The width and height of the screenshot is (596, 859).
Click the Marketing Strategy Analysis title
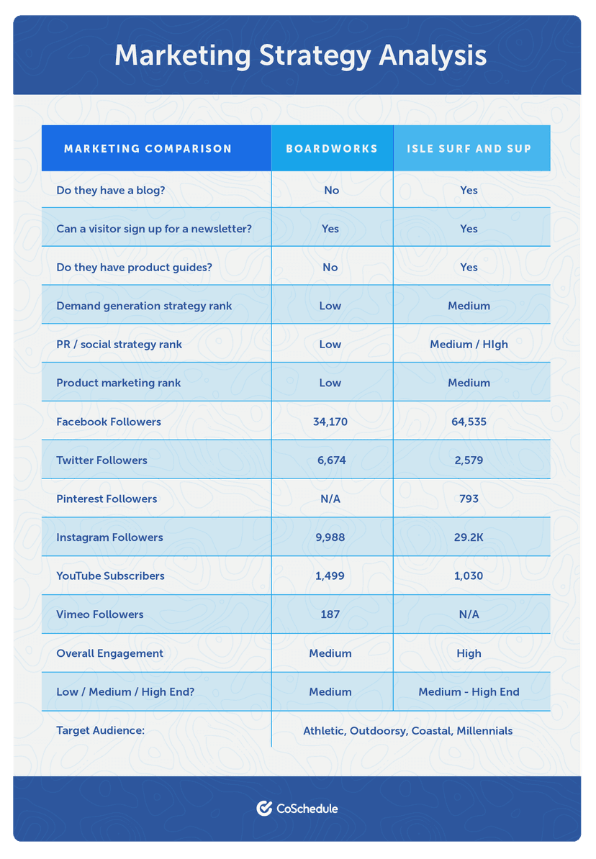click(300, 56)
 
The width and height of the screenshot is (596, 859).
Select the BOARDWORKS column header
click(331, 149)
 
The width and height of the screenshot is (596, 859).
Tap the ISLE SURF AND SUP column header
click(469, 149)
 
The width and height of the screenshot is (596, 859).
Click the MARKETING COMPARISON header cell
click(148, 149)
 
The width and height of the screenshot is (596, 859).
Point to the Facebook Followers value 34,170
click(330, 422)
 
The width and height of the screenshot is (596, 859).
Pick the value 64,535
click(469, 422)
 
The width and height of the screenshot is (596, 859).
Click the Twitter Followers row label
click(101, 460)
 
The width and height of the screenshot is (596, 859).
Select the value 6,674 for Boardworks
click(330, 460)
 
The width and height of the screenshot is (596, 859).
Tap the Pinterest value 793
click(469, 499)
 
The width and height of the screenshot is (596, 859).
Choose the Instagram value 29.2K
click(469, 537)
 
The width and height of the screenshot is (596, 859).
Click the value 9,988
click(330, 537)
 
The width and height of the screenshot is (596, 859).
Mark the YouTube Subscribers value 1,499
click(330, 576)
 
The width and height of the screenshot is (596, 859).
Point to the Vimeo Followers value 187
click(330, 614)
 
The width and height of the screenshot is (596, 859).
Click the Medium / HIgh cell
click(469, 345)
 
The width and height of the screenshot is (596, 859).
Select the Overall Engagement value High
click(469, 653)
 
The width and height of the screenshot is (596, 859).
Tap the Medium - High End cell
click(469, 692)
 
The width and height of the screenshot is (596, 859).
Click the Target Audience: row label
click(100, 731)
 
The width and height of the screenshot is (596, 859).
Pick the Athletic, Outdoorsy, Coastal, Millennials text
click(407, 731)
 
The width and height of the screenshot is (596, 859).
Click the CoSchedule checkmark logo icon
click(264, 808)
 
